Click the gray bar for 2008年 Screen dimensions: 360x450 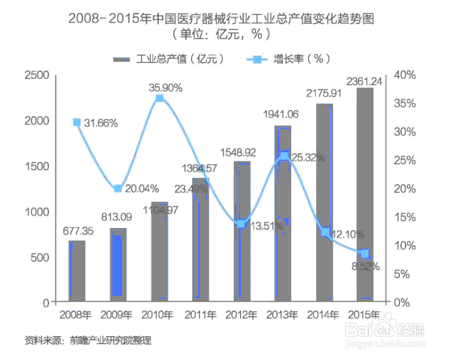(76, 271)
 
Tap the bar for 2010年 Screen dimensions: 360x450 (159, 251)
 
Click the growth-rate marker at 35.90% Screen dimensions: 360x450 (159, 98)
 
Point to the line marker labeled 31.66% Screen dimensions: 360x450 (77, 122)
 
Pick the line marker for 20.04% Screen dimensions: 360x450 (118, 188)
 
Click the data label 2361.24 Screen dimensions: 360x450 (365, 81)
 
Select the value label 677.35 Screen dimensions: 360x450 (78, 231)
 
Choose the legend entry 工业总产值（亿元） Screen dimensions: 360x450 (170, 59)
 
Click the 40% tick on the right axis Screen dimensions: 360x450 (405, 75)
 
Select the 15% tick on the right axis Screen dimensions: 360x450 (405, 217)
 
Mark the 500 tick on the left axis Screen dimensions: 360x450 (40, 257)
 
